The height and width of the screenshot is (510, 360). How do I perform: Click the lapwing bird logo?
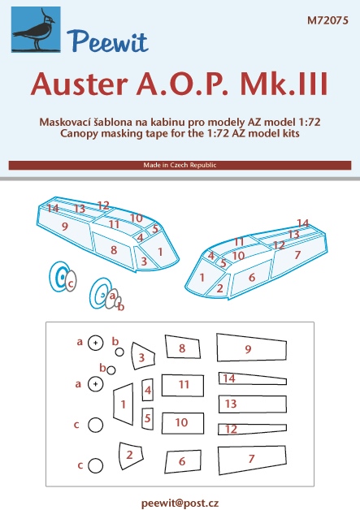36,29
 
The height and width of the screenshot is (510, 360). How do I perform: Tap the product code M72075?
327,20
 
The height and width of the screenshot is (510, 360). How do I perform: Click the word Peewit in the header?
107,41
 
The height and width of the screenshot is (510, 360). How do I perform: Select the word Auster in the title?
79,84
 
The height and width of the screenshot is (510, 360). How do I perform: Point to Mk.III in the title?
284,83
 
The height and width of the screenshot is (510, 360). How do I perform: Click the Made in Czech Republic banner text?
180,165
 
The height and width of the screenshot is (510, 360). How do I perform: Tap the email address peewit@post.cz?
180,503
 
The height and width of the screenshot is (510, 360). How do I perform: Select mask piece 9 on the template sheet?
251,348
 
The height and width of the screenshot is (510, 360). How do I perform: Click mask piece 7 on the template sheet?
252,460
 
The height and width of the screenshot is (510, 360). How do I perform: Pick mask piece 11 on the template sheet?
183,386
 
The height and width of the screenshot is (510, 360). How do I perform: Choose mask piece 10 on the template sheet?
183,423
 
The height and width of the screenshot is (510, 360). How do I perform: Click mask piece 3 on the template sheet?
143,356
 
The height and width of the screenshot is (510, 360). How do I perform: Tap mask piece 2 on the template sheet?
131,456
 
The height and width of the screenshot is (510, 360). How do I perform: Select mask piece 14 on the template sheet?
252,379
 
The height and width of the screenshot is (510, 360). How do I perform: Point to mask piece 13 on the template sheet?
252,404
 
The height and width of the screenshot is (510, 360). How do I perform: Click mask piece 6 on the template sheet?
183,461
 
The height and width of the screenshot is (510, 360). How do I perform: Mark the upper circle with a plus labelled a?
95,343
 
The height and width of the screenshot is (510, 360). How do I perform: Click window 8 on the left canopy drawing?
114,249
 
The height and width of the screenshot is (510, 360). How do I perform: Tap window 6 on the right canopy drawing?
252,276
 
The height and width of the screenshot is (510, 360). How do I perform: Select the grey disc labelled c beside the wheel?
71,281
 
